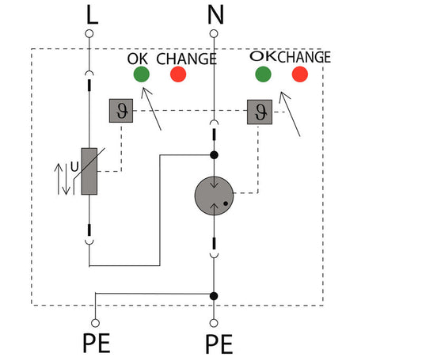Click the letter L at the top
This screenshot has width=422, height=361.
click(93, 15)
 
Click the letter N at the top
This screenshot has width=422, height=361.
click(215, 15)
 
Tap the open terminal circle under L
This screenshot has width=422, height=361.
click(89, 34)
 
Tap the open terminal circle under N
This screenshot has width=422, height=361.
click(214, 34)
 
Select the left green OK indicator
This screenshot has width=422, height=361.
click(142, 74)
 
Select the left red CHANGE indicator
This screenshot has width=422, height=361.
click(178, 74)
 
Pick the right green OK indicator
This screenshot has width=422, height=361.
click(263, 74)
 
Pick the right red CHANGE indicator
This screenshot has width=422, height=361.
click(300, 74)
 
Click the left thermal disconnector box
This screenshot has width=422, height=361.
click(121, 111)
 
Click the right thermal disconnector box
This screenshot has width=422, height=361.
click(260, 112)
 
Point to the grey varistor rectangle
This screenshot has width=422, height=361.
click(89, 171)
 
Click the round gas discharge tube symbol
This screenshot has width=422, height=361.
click(214, 196)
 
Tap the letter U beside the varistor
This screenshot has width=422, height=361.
click(74, 167)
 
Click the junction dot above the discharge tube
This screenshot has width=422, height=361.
click(214, 155)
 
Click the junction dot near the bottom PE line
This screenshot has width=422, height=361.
click(214, 296)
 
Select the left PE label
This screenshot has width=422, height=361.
click(97, 344)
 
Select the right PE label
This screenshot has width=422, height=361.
click(219, 344)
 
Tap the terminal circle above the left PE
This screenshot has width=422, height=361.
click(95, 323)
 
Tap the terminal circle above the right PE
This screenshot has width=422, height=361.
click(214, 323)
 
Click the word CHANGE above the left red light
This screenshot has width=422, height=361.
click(187, 59)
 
